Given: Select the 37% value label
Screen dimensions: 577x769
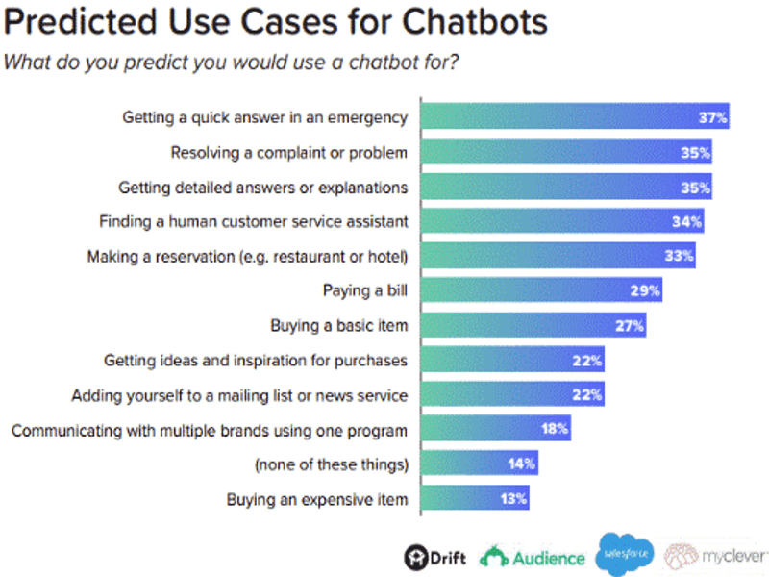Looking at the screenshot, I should tap(712, 118).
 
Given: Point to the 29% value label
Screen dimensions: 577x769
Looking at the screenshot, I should tap(645, 291).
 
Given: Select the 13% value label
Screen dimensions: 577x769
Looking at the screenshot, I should tap(512, 499).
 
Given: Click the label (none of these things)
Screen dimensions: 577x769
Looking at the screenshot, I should tap(332, 464).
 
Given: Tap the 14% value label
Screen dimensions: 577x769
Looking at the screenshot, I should tap(521, 464).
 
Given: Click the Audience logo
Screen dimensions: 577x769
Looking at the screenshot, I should tap(534, 556).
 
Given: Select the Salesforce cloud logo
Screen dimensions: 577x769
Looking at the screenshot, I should tap(625, 555).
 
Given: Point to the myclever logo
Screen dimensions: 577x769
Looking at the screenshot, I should tap(717, 556).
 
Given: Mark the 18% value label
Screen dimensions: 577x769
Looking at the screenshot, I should tap(555, 430).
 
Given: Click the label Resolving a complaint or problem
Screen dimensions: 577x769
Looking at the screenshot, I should tap(289, 152).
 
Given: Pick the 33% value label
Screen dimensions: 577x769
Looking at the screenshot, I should tap(679, 257).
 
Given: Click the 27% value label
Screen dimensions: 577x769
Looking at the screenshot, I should tap(629, 326).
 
